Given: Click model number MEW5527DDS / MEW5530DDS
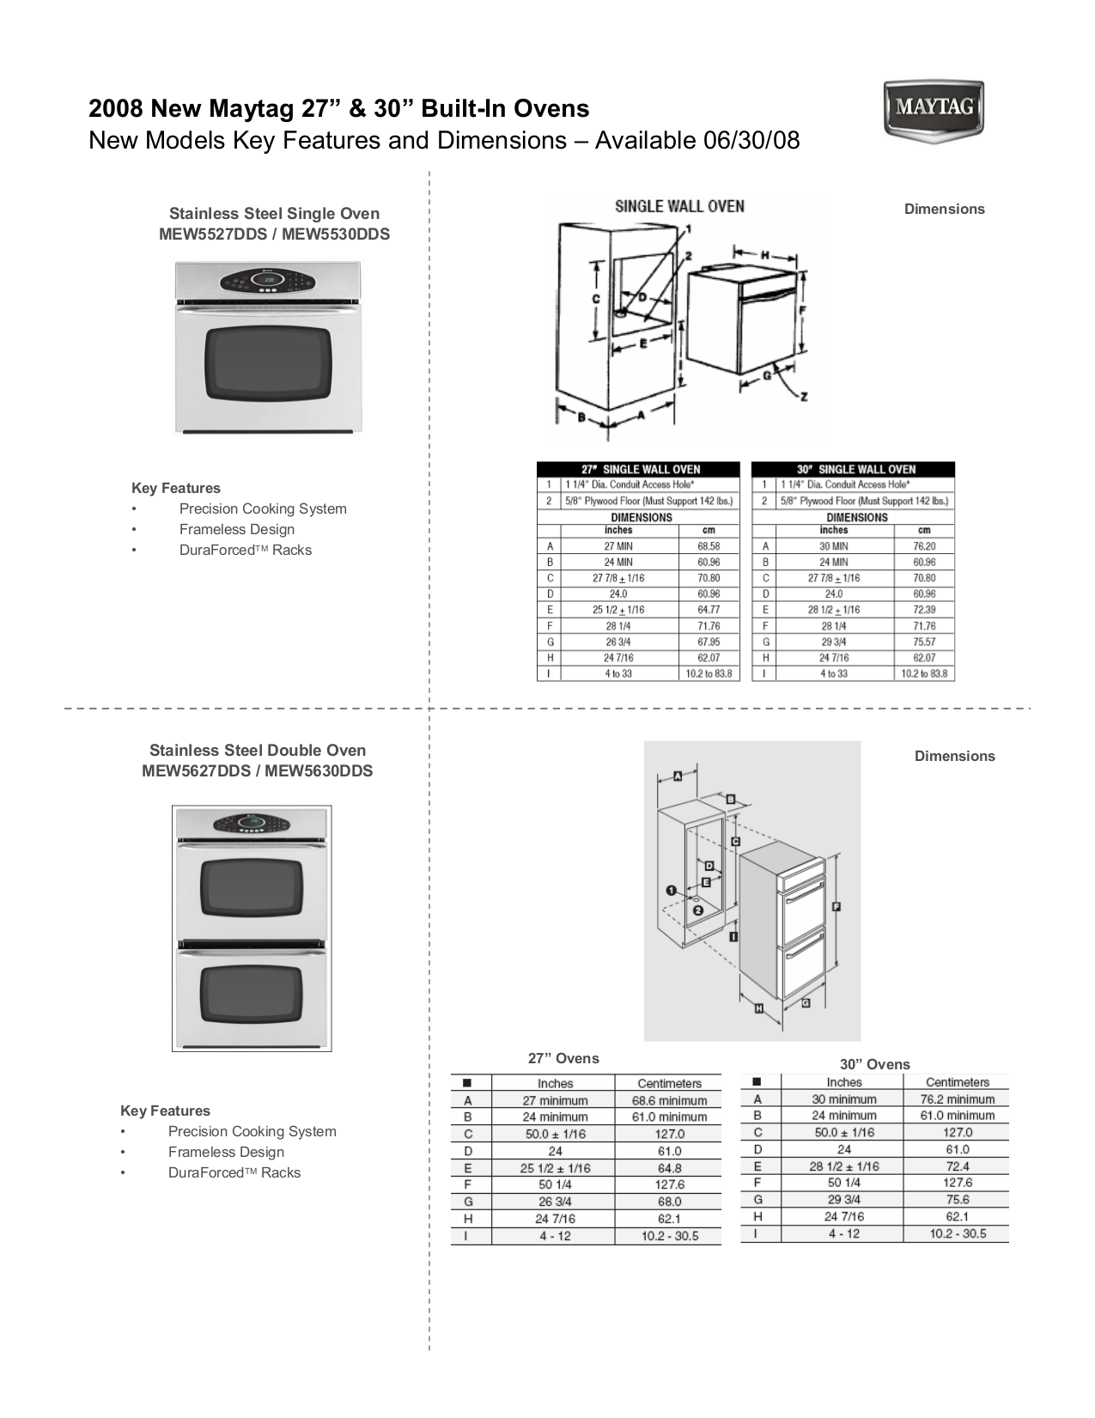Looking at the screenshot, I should [x=274, y=234].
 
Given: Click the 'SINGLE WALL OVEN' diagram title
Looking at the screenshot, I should [x=679, y=206].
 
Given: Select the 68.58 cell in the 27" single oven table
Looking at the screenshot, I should [x=709, y=546].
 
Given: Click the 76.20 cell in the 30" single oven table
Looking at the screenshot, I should [x=924, y=546].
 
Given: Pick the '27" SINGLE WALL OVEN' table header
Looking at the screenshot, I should [x=638, y=469].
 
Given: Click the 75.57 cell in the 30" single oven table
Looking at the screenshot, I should [x=924, y=642].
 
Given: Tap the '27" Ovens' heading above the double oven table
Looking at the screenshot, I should [x=563, y=1058].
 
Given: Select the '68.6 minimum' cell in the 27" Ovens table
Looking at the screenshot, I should [x=669, y=1100].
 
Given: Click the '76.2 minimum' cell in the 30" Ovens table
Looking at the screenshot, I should [x=958, y=1099].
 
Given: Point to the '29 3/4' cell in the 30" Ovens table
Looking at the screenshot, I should [x=844, y=1200].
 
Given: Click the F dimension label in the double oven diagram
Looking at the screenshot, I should [x=836, y=906].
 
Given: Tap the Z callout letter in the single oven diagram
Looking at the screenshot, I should [x=803, y=397].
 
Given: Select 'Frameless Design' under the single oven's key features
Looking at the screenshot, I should [x=237, y=530].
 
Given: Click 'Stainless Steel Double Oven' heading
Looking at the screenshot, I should [x=258, y=750].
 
